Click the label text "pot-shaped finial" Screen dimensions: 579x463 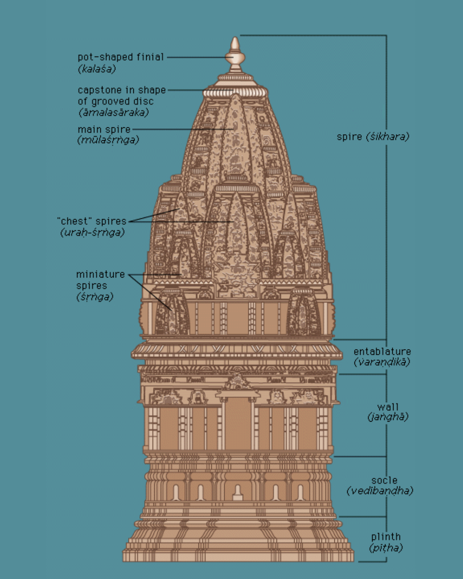tap(120, 57)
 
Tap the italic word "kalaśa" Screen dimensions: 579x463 tap(97, 69)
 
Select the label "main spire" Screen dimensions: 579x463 tap(104, 129)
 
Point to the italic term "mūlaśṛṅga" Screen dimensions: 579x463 tap(108, 140)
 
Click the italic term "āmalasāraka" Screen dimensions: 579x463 tap(114, 112)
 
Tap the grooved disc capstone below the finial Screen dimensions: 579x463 tap(235, 92)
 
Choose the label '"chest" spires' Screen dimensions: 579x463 tap(92, 221)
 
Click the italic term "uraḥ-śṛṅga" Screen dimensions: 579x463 tap(92, 232)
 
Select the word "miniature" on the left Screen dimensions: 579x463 tap(100, 274)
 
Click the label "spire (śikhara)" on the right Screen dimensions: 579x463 tap(373, 137)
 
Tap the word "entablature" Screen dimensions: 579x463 tap(382, 352)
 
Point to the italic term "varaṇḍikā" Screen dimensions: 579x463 tap(382, 362)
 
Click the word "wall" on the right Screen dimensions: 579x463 tap(388, 407)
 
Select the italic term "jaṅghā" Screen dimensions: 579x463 tap(388, 416)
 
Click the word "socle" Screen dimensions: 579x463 tap(384, 480)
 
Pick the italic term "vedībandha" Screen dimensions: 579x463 tap(380, 491)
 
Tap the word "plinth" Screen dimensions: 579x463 tap(386, 537)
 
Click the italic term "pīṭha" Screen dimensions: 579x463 tap(386, 548)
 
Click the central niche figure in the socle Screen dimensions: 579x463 tap(238, 493)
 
